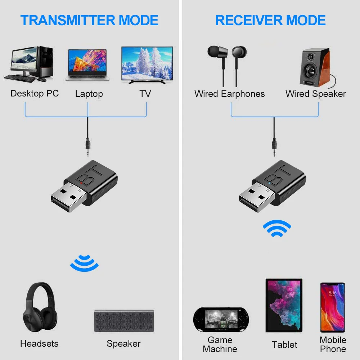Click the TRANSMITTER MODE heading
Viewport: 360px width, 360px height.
point(89,20)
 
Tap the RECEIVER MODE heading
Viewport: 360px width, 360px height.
point(270,20)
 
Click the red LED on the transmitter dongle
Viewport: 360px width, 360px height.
point(81,183)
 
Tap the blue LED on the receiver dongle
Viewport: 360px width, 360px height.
point(269,183)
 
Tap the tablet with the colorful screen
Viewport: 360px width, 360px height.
point(284,305)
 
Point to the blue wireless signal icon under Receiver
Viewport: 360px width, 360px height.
point(276,229)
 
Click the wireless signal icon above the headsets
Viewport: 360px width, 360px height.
point(84,263)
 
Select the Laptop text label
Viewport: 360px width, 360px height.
point(89,94)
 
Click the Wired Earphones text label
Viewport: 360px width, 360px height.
point(229,94)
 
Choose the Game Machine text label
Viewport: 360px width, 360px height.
point(220,345)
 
